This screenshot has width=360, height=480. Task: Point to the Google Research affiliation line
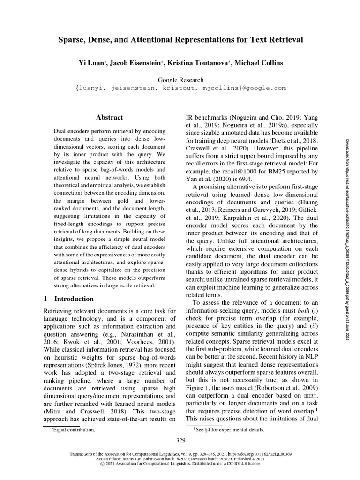[180, 80]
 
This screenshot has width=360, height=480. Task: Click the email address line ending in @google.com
[180, 88]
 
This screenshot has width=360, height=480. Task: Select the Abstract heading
[109, 118]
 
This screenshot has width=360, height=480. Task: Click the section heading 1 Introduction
[68, 299]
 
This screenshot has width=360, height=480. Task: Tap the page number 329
[180, 440]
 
